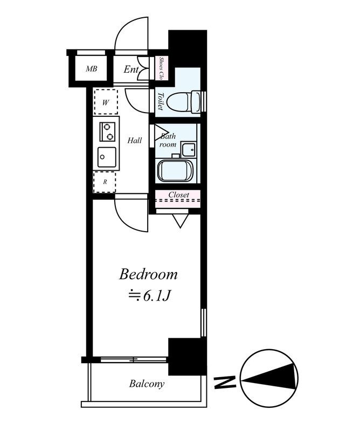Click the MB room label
91,69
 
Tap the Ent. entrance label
131,69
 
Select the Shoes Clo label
161,68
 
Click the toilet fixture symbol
183,100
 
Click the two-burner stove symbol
107,130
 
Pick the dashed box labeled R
105,182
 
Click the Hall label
135,141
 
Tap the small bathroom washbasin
189,148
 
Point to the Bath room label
168,141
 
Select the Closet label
178,194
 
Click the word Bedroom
148,275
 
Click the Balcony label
147,384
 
